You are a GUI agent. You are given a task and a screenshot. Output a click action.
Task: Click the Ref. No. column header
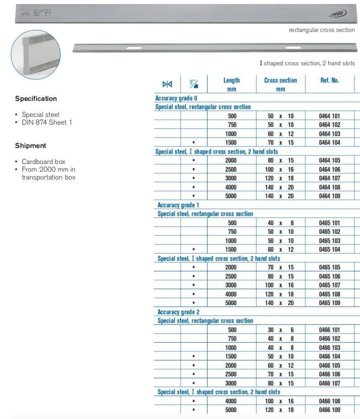tap(329, 80)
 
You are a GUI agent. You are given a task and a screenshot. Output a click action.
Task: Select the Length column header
tap(231, 84)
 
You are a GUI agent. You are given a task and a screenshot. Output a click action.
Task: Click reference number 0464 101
tap(329, 116)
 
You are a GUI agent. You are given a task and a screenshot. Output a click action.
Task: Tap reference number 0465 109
tap(329, 303)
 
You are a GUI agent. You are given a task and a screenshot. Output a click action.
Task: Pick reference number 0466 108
tap(329, 401)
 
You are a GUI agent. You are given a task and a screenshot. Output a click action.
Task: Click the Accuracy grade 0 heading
tap(176, 98)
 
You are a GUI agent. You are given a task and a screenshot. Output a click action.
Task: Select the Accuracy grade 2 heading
tap(178, 312)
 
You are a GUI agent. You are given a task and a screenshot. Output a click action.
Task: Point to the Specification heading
tap(36, 99)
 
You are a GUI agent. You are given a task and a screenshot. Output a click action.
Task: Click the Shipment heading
tap(31, 146)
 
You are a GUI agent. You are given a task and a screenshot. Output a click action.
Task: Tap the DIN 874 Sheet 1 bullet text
tap(47, 122)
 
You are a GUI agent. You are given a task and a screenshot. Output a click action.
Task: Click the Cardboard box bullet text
tap(43, 162)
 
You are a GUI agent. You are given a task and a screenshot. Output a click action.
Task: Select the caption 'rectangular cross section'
tap(322, 30)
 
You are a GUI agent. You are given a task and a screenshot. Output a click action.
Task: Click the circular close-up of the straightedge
tap(36, 54)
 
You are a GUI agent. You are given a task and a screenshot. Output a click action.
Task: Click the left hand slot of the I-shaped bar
tap(134, 48)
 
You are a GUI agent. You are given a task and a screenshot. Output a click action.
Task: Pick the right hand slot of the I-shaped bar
tap(293, 48)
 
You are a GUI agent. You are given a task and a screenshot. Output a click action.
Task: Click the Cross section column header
tap(280, 84)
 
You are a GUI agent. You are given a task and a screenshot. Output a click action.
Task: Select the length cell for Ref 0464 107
tap(231, 178)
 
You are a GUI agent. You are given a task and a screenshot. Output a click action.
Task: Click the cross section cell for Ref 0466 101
tap(280, 330)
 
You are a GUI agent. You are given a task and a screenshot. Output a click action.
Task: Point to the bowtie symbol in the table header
tap(167, 84)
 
